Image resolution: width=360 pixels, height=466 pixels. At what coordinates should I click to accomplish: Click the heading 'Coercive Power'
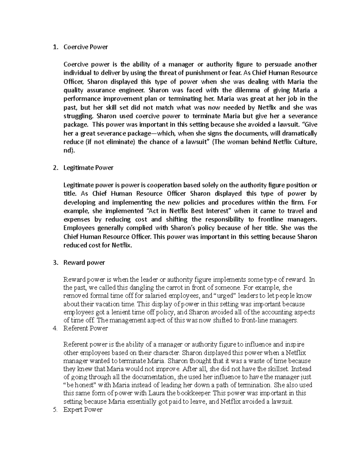[85, 47]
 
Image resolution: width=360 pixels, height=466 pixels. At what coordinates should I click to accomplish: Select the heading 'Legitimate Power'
[88, 168]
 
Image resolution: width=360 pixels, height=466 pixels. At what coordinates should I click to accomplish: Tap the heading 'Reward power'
[84, 263]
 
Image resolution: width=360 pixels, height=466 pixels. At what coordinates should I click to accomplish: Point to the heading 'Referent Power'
[85, 328]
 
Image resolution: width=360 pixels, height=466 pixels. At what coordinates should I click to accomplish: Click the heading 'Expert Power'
[83, 410]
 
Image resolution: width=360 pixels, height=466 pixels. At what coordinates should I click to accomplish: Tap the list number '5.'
[55, 410]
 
